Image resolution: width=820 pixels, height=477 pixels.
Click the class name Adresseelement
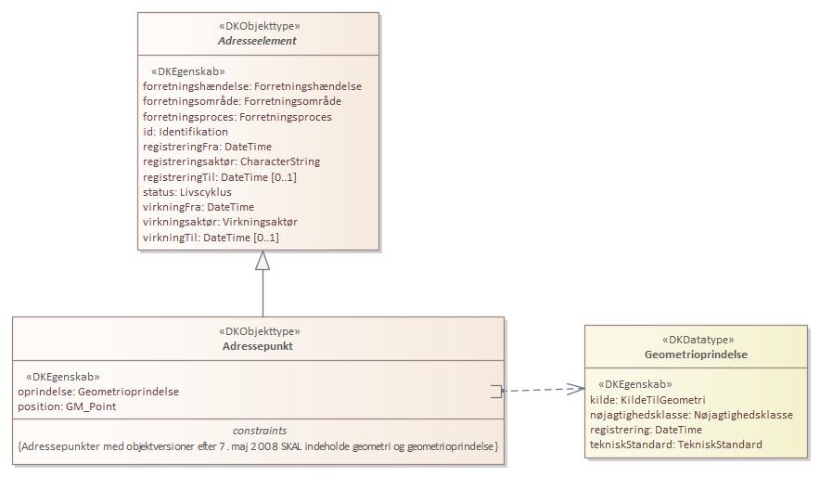[258, 41]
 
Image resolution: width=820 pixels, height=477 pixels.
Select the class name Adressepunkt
[259, 345]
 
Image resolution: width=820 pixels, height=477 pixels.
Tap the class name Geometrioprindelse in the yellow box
[696, 355]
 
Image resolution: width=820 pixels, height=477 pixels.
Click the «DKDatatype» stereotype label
[696, 340]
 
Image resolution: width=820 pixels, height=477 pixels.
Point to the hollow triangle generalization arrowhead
[263, 261]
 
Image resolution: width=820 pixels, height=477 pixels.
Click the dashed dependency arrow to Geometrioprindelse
[543, 391]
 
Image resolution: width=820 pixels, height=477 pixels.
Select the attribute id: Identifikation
[186, 132]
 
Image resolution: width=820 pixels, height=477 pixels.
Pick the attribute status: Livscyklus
[187, 192]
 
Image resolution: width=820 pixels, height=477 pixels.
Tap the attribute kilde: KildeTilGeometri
[647, 399]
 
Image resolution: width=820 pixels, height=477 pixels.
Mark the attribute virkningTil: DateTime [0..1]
[211, 238]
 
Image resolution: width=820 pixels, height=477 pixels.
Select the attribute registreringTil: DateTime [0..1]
[220, 177]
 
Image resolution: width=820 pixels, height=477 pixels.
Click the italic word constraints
[259, 431]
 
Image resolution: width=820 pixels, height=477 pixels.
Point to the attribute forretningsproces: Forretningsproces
[237, 117]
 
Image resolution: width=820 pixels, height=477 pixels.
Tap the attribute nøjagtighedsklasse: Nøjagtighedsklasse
[691, 415]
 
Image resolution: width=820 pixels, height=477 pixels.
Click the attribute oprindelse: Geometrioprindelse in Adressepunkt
[98, 392]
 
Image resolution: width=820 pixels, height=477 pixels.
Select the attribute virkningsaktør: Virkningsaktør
[220, 223]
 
